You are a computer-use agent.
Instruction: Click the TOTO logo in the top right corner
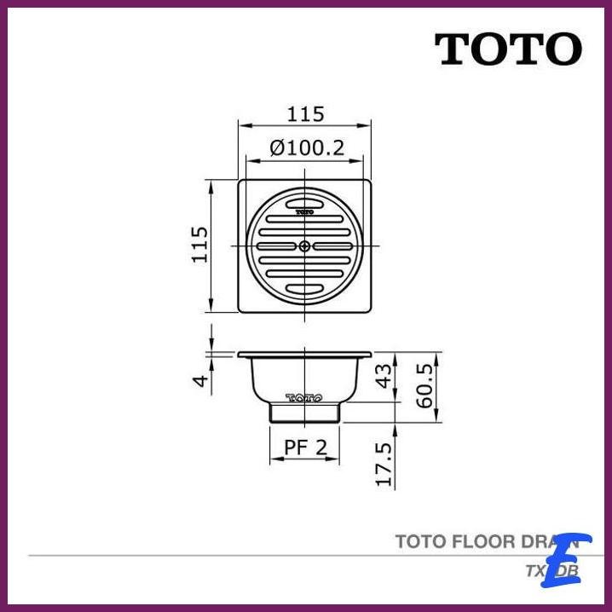(509, 49)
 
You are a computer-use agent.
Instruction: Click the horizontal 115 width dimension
(305, 113)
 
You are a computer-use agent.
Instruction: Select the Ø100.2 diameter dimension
(306, 147)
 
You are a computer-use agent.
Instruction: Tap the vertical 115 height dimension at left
(199, 245)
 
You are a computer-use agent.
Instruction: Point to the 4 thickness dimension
(199, 380)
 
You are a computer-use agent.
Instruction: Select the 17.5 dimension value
(384, 465)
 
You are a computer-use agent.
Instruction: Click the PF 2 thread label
(305, 447)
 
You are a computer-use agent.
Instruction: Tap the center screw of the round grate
(305, 245)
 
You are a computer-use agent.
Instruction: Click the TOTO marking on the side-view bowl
(303, 397)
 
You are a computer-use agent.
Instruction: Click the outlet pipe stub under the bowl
(305, 413)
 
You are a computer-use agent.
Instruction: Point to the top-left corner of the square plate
(240, 181)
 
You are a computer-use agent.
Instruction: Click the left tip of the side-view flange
(240, 354)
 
